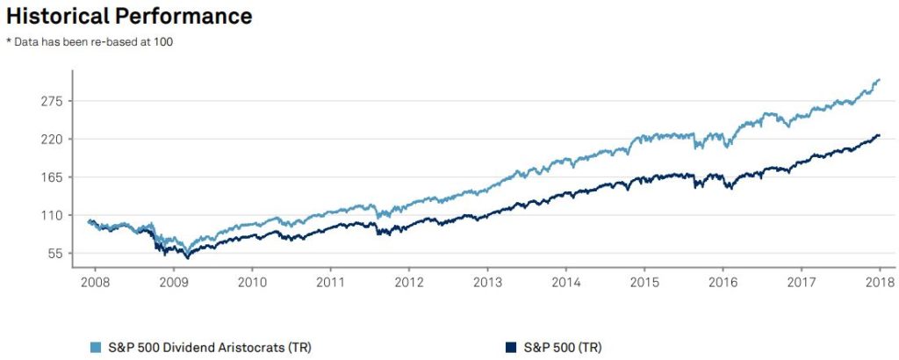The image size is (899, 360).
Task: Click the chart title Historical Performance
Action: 129,16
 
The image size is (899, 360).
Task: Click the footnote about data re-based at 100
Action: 90,42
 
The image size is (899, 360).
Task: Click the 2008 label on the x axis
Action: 96,283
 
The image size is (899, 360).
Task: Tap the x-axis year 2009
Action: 174,283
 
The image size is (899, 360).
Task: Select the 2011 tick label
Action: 331,283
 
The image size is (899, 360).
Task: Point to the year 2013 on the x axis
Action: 487,283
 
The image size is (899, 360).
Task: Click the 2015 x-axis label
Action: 644,283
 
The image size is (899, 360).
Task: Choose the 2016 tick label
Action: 723,283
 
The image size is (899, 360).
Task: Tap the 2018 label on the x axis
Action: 879,283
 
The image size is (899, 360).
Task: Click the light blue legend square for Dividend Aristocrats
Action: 94,347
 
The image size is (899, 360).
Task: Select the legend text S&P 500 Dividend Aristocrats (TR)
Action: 206,347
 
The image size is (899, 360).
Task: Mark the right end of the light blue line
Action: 880,79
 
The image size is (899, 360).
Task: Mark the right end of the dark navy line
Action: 880,135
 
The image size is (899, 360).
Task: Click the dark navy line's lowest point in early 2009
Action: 186,257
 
